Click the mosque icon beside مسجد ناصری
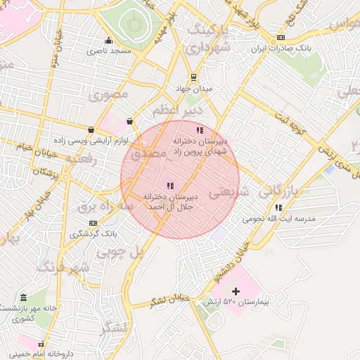point(108,40)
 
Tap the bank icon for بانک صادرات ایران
point(281,38)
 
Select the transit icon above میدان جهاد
point(193,77)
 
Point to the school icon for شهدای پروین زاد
point(200,130)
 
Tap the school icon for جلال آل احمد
point(169,185)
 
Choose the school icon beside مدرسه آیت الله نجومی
point(279,207)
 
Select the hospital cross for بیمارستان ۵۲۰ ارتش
point(236,290)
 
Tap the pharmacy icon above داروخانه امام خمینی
point(41,345)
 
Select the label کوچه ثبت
point(292,122)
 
